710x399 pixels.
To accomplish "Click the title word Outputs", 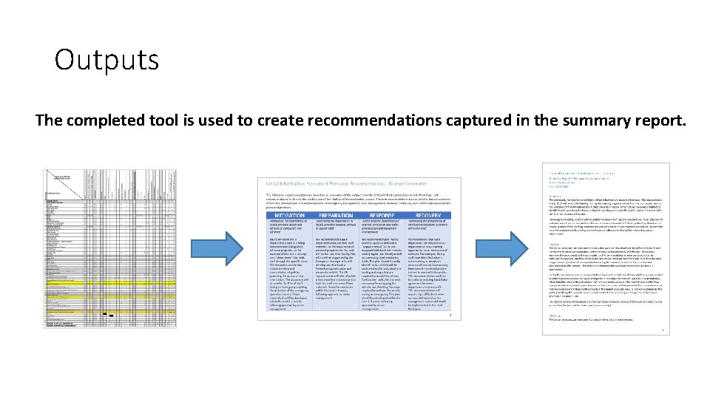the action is (106, 60).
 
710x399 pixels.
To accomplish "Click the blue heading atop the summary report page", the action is (584, 172).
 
